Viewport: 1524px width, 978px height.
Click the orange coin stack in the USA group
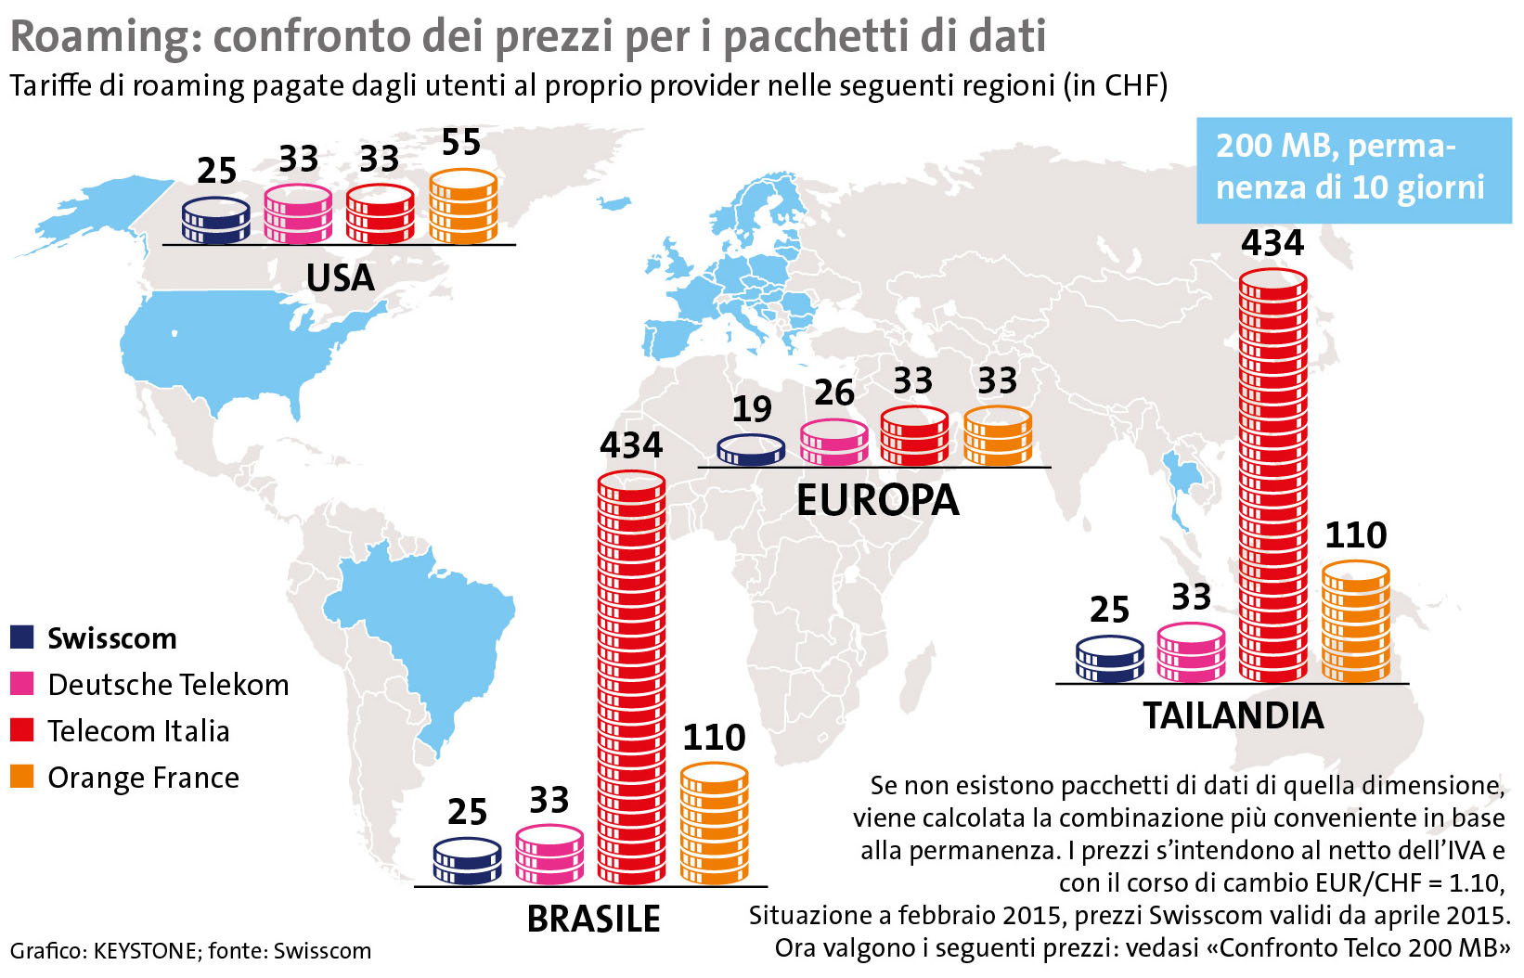tap(463, 207)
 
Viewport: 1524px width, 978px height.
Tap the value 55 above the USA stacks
tap(461, 143)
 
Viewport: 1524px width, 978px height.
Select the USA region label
tap(340, 277)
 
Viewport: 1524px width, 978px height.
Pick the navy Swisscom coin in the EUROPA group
tap(751, 450)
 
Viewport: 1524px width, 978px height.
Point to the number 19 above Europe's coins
tap(752, 408)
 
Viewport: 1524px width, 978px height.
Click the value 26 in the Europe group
tap(834, 392)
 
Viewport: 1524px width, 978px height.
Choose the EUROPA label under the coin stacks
tap(877, 500)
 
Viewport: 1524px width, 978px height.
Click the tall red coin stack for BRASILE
tap(631, 677)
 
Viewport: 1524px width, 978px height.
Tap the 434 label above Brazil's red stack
tap(631, 445)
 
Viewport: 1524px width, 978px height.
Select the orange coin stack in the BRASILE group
tap(715, 823)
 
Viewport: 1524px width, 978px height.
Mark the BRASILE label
tap(594, 919)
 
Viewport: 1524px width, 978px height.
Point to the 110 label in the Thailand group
tap(1356, 535)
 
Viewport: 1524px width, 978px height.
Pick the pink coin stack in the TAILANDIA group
tap(1192, 652)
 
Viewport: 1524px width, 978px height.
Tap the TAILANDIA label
tap(1233, 715)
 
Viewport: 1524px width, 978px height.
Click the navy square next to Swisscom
tap(22, 637)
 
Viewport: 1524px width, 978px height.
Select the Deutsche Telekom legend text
tap(168, 685)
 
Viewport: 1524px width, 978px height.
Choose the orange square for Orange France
tap(22, 776)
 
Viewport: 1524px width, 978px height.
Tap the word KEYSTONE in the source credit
tap(145, 951)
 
